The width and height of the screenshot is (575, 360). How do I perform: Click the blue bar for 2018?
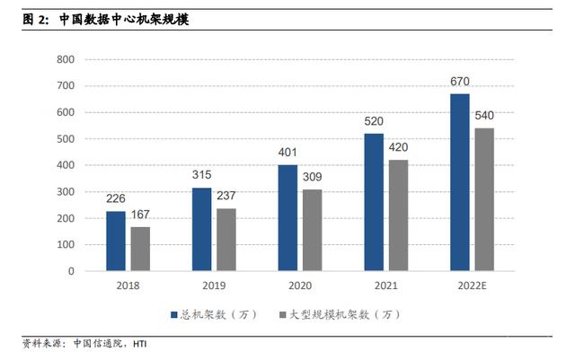pyautogui.click(x=116, y=241)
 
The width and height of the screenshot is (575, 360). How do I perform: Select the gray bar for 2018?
pyautogui.click(x=140, y=249)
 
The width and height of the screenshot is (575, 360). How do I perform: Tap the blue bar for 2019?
pyautogui.click(x=202, y=229)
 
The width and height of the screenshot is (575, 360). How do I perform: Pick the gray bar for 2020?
pyautogui.click(x=312, y=230)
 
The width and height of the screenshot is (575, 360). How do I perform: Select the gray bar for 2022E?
pyautogui.click(x=484, y=199)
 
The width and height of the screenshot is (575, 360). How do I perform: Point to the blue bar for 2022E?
pyautogui.click(x=460, y=182)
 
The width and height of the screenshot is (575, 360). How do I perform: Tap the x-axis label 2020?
pyautogui.click(x=300, y=285)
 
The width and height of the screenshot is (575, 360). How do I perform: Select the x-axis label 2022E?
pyautogui.click(x=472, y=285)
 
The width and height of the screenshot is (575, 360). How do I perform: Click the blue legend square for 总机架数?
pyautogui.click(x=174, y=315)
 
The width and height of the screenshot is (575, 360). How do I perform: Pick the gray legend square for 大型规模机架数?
pyautogui.click(x=282, y=315)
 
